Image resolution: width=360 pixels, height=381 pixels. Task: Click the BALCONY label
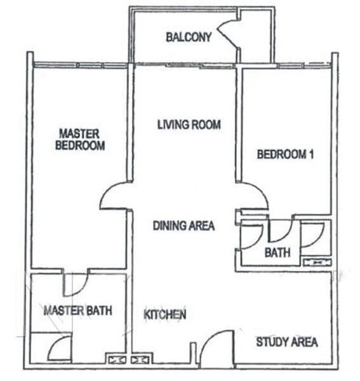click(x=189, y=37)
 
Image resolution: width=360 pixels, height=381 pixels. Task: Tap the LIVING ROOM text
click(x=189, y=124)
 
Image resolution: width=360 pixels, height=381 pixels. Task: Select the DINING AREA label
click(x=184, y=225)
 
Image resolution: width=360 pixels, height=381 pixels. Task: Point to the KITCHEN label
click(x=165, y=314)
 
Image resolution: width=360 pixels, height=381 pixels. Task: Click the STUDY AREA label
click(x=287, y=342)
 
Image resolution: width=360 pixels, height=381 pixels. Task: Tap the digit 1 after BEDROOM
click(x=311, y=154)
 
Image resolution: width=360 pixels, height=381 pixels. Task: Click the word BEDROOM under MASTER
click(x=80, y=145)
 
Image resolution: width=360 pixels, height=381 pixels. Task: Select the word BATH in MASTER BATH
click(x=99, y=311)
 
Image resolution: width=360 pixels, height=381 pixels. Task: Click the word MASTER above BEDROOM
click(x=79, y=134)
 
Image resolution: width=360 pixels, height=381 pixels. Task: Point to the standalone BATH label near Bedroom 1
click(x=277, y=253)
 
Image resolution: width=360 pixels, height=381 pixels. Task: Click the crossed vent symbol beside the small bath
click(x=317, y=262)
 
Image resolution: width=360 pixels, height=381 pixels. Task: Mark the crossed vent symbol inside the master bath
click(x=116, y=359)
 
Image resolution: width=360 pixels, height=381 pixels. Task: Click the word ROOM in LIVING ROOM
click(x=206, y=124)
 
